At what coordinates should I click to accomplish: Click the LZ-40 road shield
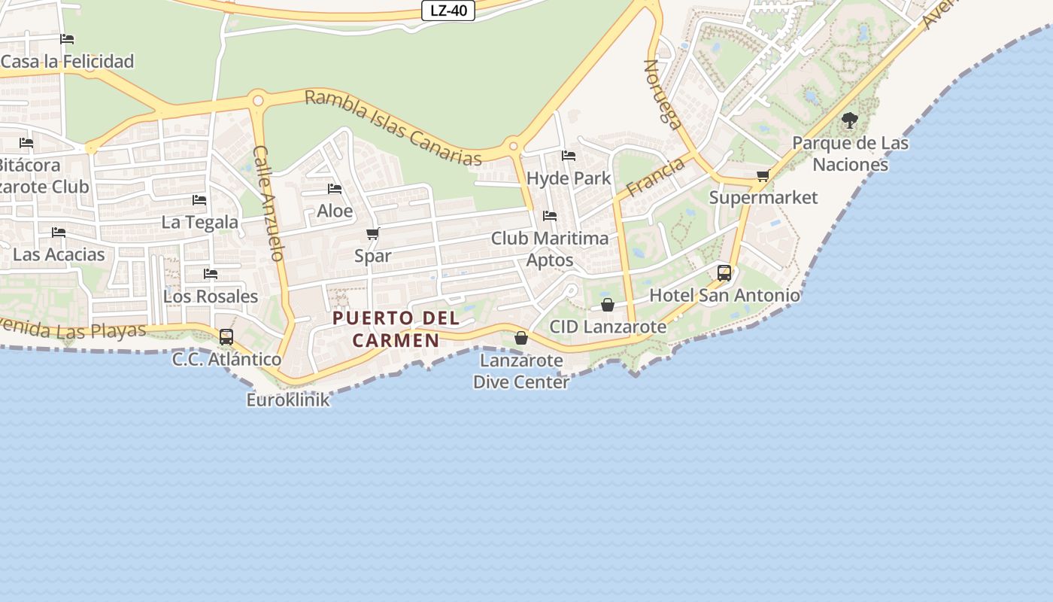click(x=448, y=11)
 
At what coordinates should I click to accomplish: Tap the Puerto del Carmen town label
click(x=396, y=329)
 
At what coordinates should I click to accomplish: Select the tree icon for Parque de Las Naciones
click(x=850, y=120)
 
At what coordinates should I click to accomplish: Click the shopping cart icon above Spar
click(x=372, y=234)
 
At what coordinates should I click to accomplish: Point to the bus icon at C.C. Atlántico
click(x=226, y=337)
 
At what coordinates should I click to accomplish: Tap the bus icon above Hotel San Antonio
click(x=724, y=272)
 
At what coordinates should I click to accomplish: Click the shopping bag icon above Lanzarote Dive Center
click(x=520, y=338)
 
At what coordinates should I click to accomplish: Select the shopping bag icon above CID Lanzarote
click(x=608, y=305)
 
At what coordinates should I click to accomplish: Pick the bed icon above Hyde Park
click(x=569, y=156)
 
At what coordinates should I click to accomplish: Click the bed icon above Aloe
click(x=335, y=189)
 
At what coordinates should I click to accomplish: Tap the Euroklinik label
click(x=288, y=400)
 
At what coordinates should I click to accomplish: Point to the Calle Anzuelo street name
click(x=269, y=203)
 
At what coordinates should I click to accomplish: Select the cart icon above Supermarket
click(x=763, y=176)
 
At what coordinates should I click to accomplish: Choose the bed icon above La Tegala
click(x=199, y=200)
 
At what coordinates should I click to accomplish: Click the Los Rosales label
click(x=211, y=296)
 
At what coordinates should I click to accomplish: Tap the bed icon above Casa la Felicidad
click(x=67, y=39)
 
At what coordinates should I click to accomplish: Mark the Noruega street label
click(x=662, y=94)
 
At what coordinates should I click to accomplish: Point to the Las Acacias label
click(x=59, y=254)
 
